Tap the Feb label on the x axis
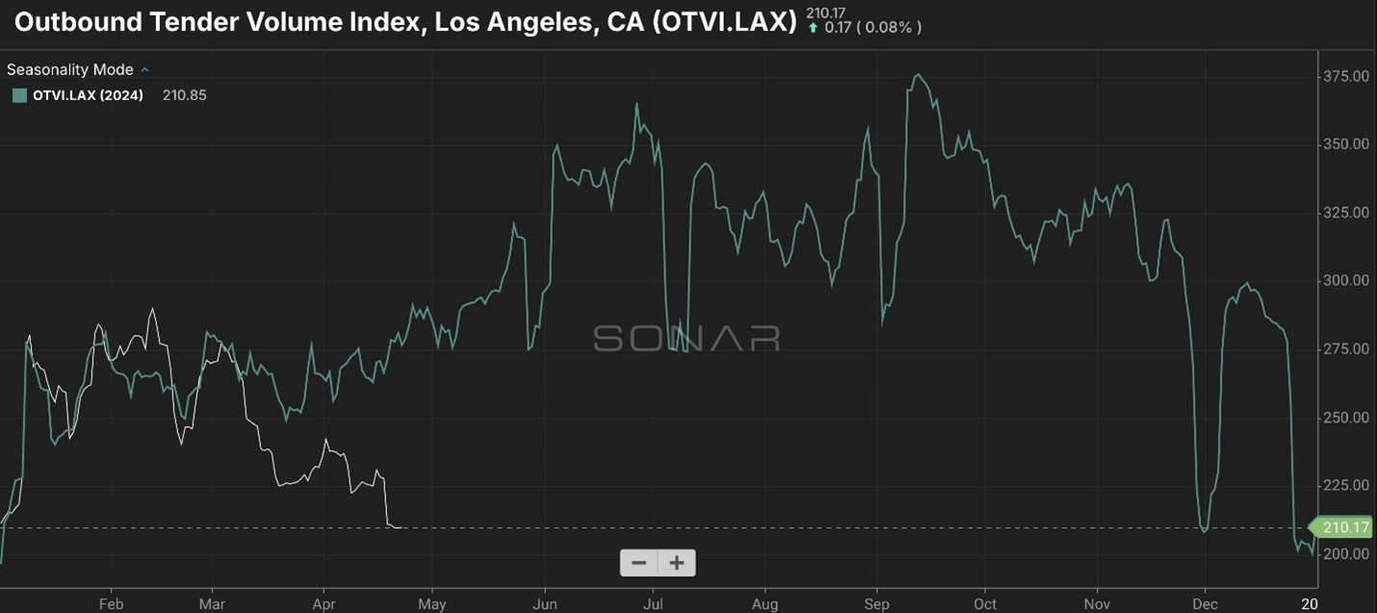(111, 604)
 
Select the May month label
(432, 604)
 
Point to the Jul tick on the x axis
(653, 604)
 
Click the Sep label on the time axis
(876, 604)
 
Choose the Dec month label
(1205, 604)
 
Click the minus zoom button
(638, 563)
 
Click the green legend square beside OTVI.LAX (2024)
(19, 95)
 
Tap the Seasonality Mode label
(70, 69)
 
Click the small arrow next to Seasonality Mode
(145, 69)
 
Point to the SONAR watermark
(687, 338)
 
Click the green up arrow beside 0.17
(814, 28)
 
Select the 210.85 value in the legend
(184, 95)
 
